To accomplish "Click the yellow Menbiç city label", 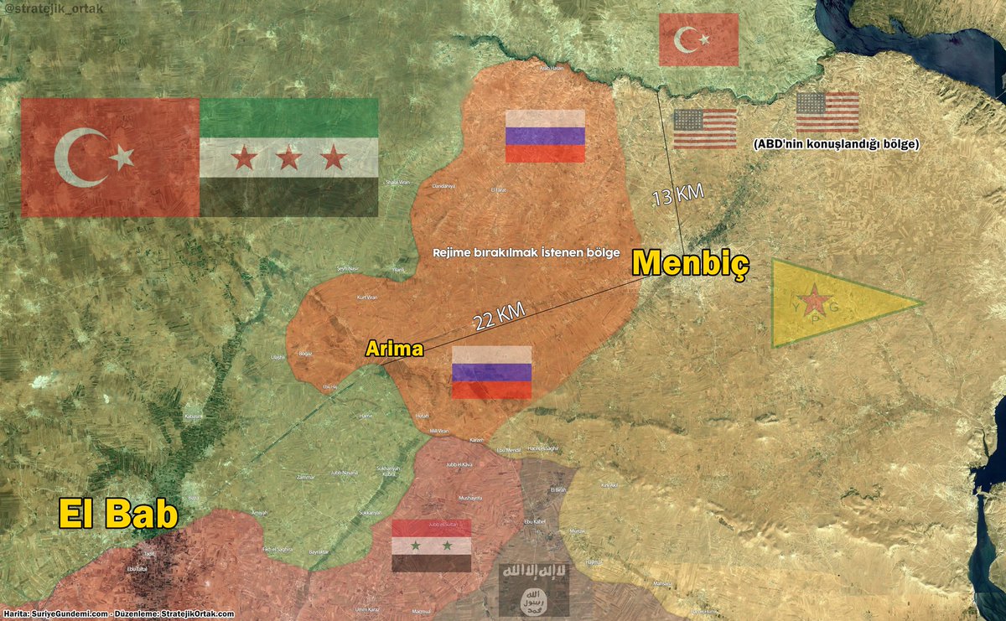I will pyautogui.click(x=690, y=263).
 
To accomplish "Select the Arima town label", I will pyautogui.click(x=393, y=349).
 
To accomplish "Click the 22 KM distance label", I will pyautogui.click(x=499, y=316).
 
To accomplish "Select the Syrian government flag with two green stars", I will pyautogui.click(x=431, y=545).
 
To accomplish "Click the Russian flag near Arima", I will pyautogui.click(x=491, y=371).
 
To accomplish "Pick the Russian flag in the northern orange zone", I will pyautogui.click(x=544, y=136).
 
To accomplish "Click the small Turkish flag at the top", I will pyautogui.click(x=698, y=39).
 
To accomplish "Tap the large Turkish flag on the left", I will pyautogui.click(x=110, y=157).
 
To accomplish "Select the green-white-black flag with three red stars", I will pyautogui.click(x=288, y=157).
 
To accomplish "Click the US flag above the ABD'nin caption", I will pyautogui.click(x=827, y=112).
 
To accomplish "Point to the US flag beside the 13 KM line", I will pyautogui.click(x=704, y=128).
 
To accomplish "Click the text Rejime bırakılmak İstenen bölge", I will pyautogui.click(x=526, y=252).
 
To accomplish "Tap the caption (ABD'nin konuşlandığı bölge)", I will pyautogui.click(x=836, y=144).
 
